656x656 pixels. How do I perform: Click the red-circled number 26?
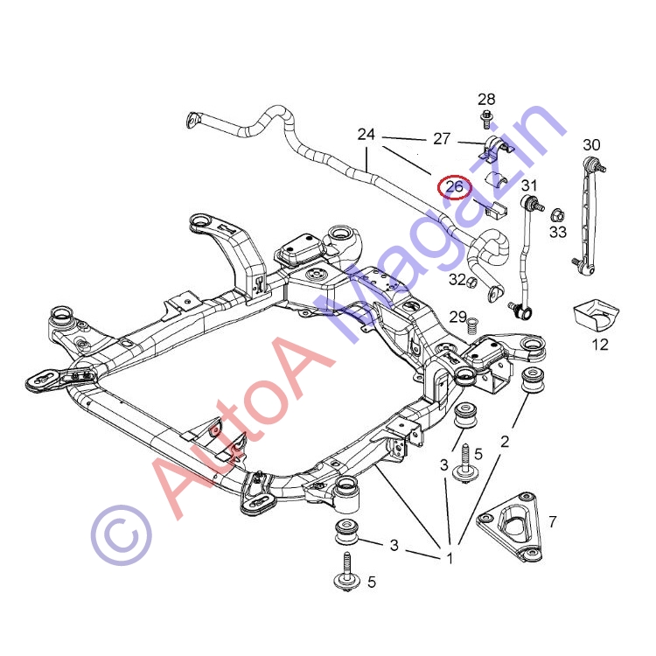click(455, 186)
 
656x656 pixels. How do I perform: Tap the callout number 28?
click(486, 100)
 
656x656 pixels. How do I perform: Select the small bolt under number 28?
click(486, 119)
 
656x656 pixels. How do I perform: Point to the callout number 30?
click(591, 144)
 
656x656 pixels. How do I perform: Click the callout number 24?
click(366, 135)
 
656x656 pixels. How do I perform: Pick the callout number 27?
click(442, 138)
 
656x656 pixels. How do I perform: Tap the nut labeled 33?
click(558, 216)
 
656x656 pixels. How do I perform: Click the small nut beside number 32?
click(471, 283)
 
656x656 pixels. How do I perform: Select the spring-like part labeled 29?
click(471, 326)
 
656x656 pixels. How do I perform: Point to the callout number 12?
click(600, 345)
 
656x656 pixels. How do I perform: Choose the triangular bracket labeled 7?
click(510, 526)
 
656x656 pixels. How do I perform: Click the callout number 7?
click(553, 521)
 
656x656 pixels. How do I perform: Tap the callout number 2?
click(505, 442)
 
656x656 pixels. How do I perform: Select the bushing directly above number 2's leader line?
click(533, 380)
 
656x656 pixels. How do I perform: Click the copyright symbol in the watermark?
click(122, 534)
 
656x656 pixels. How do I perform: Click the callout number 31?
click(529, 185)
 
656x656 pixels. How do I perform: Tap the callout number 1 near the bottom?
click(450, 559)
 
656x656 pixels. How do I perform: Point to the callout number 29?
click(458, 317)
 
